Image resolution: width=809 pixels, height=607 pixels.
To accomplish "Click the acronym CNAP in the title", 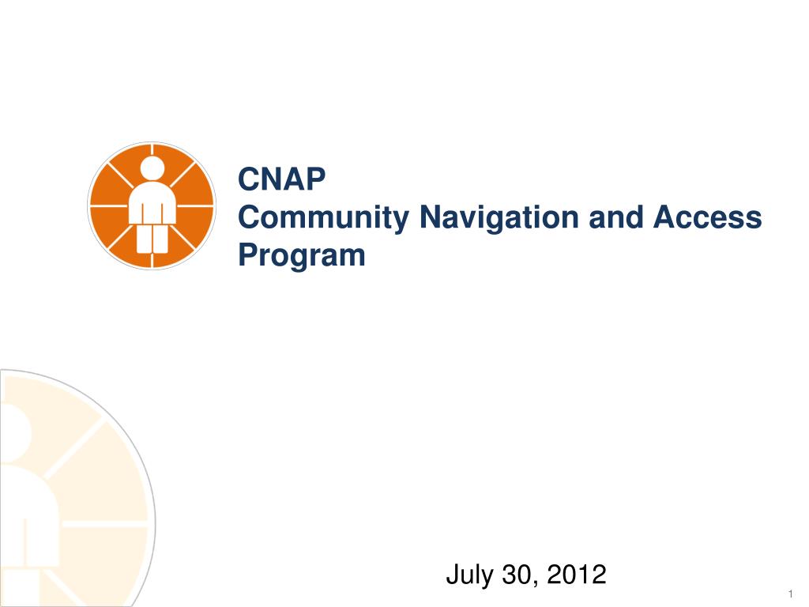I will click(x=282, y=179).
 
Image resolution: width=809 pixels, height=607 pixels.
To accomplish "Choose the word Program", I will click(x=302, y=256).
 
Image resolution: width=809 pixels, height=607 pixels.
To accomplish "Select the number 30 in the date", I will click(x=517, y=575).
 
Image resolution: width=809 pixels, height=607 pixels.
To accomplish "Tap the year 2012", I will click(x=575, y=575).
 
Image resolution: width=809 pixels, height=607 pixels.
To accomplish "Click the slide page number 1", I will click(x=790, y=594).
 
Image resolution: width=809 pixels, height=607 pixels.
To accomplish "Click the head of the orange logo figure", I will click(x=151, y=168).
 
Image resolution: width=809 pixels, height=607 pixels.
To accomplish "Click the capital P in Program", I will click(x=249, y=256).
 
